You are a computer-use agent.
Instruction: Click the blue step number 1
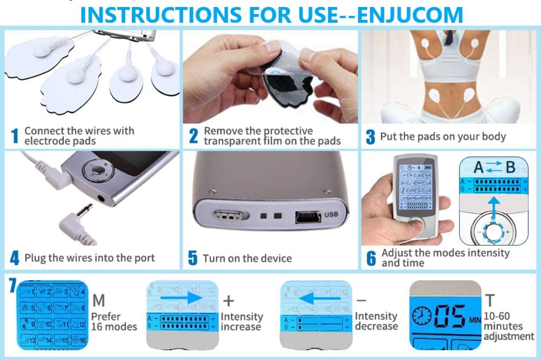pyautogui.click(x=15, y=136)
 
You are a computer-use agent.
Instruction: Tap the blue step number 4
pyautogui.click(x=15, y=258)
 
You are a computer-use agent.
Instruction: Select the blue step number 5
pyautogui.click(x=193, y=258)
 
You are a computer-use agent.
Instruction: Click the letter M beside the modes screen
pyautogui.click(x=99, y=299)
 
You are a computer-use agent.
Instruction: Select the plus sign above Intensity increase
pyautogui.click(x=228, y=299)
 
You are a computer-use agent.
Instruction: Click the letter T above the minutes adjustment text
pyautogui.click(x=489, y=300)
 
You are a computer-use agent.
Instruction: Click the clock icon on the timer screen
pyautogui.click(x=422, y=317)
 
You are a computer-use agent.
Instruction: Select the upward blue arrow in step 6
pyautogui.click(x=494, y=203)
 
